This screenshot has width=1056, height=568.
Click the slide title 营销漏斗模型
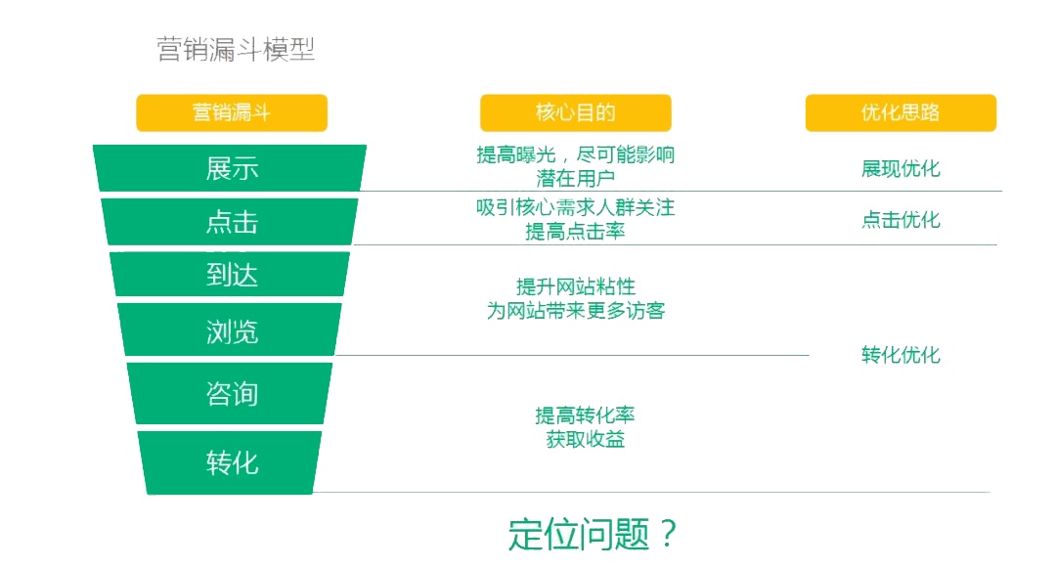pos(236,50)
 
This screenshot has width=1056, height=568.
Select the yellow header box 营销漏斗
pos(232,112)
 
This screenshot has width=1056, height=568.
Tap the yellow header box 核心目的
pos(575,112)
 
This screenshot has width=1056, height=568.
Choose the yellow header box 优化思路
pos(901,112)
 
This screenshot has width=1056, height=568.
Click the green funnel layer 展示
pos(231,168)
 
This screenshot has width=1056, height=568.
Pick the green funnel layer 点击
pos(231,222)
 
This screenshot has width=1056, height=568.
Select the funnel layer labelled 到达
pos(231,275)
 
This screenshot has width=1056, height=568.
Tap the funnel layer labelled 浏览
pos(231,330)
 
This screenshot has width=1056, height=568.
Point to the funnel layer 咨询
pos(231,394)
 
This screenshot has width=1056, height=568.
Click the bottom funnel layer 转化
pos(231,461)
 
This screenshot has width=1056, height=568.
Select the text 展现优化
pos(901,168)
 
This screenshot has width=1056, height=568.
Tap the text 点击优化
pos(901,220)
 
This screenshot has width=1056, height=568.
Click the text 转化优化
pos(901,355)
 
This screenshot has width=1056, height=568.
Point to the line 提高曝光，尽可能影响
pos(575,155)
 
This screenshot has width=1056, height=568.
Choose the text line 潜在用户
pos(575,179)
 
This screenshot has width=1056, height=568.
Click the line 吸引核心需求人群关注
pos(575,208)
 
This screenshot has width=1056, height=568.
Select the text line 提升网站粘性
pos(575,286)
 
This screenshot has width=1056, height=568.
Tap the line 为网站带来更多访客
pos(575,311)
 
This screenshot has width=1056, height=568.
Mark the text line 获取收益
pos(585,440)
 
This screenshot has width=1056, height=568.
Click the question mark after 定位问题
pos(667,534)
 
